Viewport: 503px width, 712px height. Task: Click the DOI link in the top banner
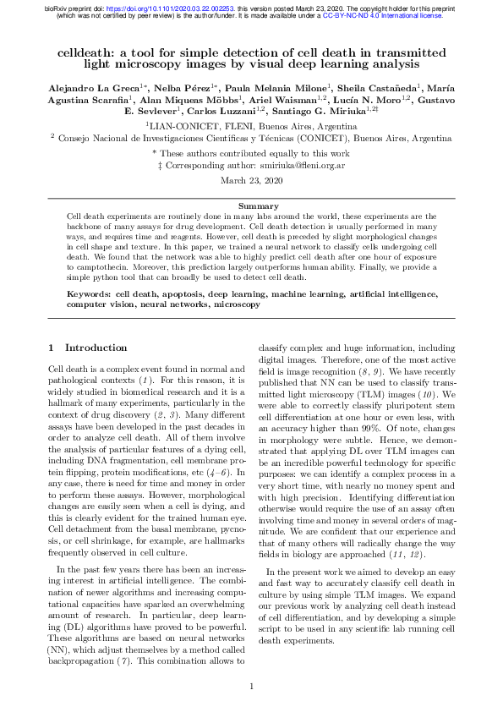tap(178, 7)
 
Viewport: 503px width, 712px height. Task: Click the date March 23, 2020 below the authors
tap(251, 181)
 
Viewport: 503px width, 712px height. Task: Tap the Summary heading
tap(251, 206)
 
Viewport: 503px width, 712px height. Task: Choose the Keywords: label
tap(93, 293)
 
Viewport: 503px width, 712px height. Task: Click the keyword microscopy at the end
tap(237, 304)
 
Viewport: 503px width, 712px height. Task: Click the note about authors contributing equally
tap(252, 153)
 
